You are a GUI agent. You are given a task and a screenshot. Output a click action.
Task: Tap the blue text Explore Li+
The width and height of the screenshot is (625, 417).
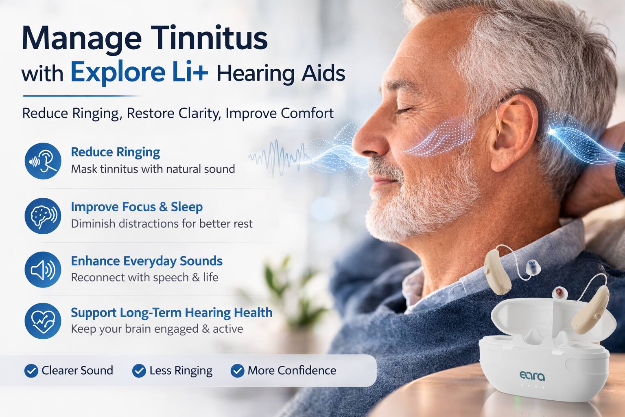pos(139,72)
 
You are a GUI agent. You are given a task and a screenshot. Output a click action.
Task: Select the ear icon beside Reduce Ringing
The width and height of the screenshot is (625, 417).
pos(43,161)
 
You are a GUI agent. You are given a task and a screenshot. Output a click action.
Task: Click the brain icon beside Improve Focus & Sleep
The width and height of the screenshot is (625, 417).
pos(43,215)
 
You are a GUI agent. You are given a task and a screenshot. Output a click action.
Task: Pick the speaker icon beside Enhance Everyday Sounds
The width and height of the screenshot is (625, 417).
pos(43,269)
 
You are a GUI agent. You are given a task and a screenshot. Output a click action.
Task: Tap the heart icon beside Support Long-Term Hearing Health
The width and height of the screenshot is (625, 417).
pos(43,321)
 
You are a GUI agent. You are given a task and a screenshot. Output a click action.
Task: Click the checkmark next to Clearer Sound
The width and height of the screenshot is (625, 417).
pos(31,371)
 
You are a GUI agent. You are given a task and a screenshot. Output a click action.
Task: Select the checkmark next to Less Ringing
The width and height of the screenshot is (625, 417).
pos(139,371)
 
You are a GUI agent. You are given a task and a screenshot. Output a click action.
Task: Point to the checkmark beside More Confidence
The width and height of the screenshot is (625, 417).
pos(237,371)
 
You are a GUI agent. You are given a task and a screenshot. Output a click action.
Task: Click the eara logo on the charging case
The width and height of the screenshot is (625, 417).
pos(532,375)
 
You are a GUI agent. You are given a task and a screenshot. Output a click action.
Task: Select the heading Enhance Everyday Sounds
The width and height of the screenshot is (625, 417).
pos(146,261)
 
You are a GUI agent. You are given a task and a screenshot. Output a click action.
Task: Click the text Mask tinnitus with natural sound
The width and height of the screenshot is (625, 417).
pos(153,169)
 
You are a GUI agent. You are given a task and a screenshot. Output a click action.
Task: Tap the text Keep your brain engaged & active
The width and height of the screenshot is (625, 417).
pos(157,329)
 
